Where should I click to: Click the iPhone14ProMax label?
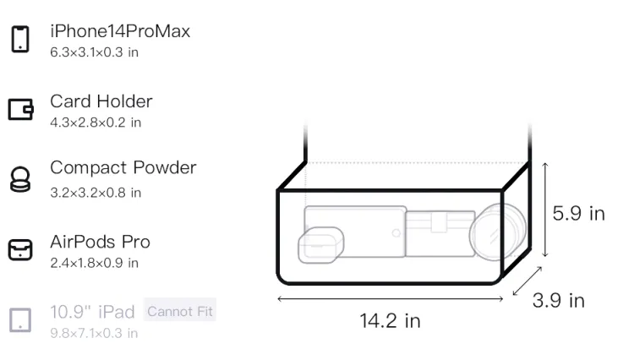(120, 31)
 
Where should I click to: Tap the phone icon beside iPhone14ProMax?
(20, 39)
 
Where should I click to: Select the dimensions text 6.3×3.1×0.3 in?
(94, 52)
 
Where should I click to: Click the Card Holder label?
(101, 101)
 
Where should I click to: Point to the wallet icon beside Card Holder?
(20, 109)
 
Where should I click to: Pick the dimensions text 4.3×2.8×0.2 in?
(96, 123)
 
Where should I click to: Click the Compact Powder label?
(123, 167)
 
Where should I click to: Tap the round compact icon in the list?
(20, 179)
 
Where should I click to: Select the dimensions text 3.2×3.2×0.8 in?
(96, 193)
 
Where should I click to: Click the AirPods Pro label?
(101, 242)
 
